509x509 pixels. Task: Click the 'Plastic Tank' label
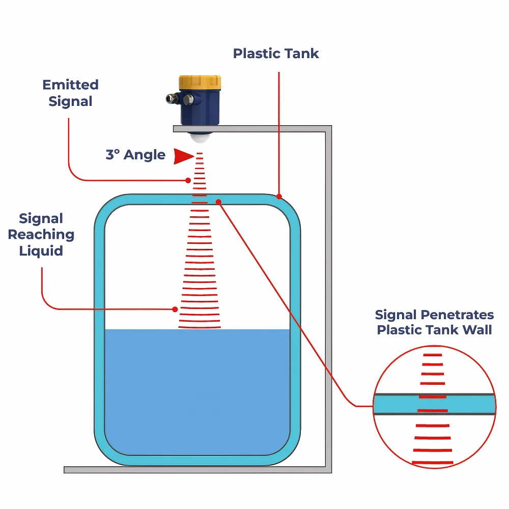click(x=276, y=53)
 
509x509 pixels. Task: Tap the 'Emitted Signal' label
click(x=70, y=93)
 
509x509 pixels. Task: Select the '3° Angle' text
click(x=135, y=155)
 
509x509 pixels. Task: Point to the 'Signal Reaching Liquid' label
click(x=41, y=235)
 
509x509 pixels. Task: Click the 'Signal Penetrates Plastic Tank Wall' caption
click(x=434, y=322)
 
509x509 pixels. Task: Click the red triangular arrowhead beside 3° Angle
click(x=183, y=156)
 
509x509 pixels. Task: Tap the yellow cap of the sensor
click(x=200, y=82)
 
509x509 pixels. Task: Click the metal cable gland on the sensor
click(x=173, y=98)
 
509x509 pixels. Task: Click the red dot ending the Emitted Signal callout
click(x=188, y=180)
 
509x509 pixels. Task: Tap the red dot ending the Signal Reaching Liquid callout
click(x=175, y=309)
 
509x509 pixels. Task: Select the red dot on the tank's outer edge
click(x=279, y=196)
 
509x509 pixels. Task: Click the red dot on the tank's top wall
click(x=218, y=202)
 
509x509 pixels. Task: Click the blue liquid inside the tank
click(x=197, y=392)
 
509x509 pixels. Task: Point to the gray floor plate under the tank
click(x=193, y=469)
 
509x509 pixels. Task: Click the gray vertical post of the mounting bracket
click(x=328, y=295)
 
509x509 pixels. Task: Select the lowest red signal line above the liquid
click(x=200, y=327)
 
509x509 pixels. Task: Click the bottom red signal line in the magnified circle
click(x=433, y=462)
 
